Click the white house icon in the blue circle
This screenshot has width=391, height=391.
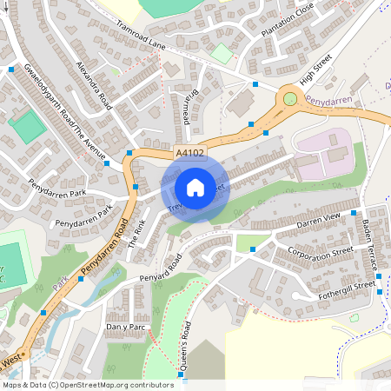point(195,187)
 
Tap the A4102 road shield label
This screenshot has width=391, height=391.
point(190,153)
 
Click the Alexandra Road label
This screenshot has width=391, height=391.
point(94,85)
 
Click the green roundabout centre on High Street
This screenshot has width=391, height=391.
point(289,99)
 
